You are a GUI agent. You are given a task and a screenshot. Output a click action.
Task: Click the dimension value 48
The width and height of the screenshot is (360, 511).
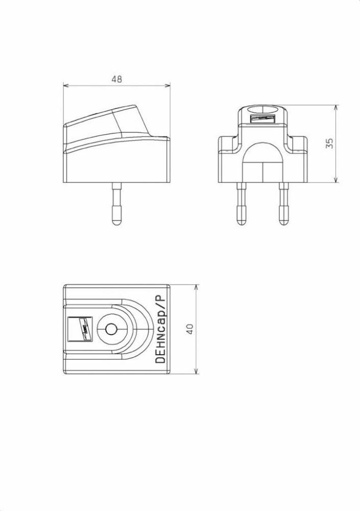116,79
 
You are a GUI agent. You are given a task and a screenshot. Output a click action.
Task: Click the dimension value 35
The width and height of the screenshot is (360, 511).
329,144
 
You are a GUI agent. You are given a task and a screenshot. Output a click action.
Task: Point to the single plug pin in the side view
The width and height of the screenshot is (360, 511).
116,204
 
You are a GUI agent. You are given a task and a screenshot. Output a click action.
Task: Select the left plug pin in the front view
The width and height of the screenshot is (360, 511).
241,204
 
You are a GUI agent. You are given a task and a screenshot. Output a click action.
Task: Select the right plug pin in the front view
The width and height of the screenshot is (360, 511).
284,204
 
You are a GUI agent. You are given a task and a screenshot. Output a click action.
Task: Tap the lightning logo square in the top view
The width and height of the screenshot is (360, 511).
81,329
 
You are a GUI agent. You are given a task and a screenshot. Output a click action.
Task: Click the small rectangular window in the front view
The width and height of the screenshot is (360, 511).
262,119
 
